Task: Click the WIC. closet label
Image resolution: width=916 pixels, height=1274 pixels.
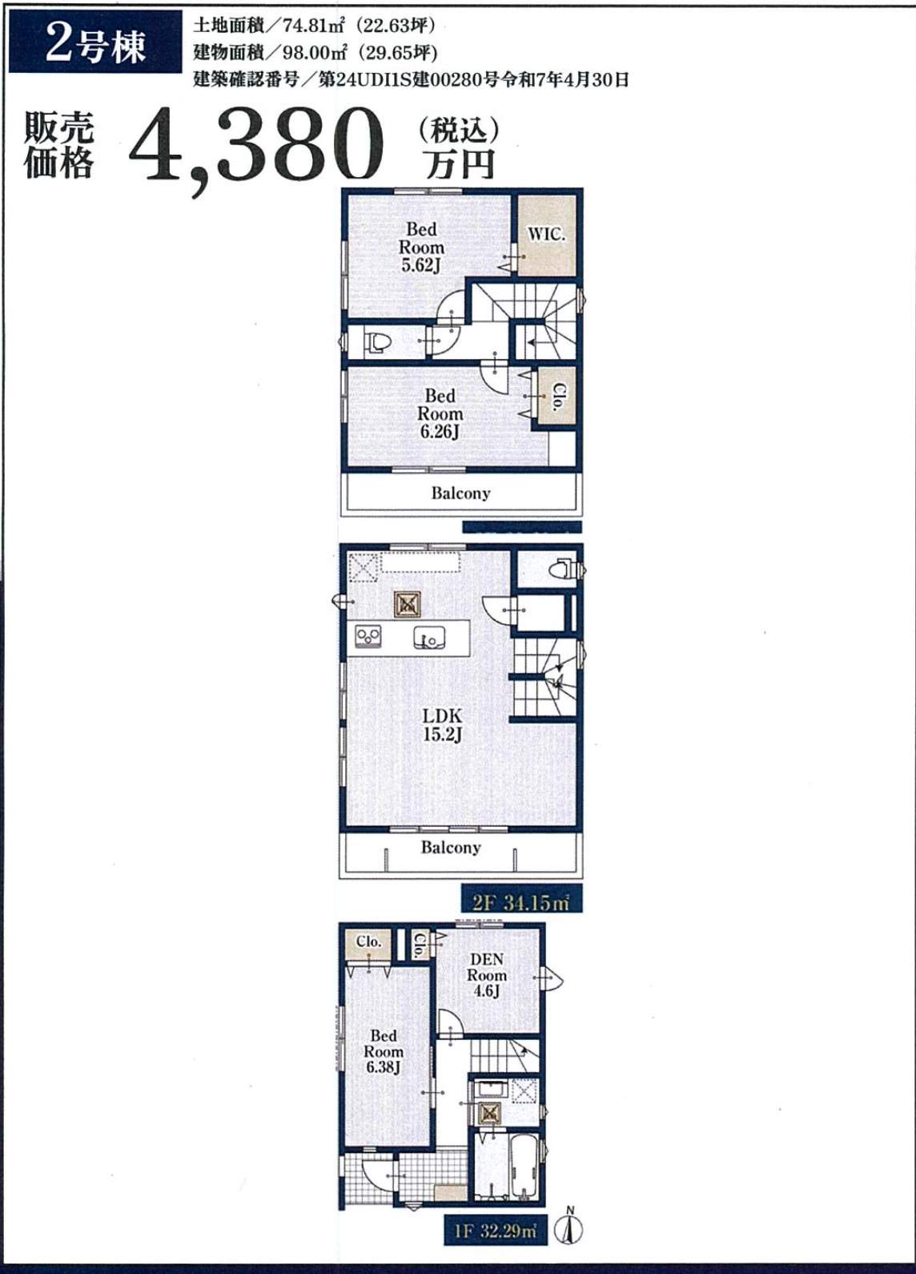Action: click(x=546, y=234)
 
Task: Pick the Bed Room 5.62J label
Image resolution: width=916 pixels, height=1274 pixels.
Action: click(x=421, y=247)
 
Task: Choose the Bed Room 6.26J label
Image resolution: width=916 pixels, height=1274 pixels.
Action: click(x=440, y=413)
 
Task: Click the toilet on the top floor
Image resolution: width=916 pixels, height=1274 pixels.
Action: click(x=378, y=342)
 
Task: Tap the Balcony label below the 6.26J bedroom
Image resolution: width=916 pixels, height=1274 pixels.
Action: click(x=460, y=493)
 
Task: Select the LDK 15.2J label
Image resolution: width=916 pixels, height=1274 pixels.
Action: click(x=442, y=724)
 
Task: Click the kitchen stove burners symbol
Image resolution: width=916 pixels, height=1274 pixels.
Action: click(x=368, y=635)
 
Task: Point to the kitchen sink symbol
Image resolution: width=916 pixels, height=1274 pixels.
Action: click(x=429, y=638)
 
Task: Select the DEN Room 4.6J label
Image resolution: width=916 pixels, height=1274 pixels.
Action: click(x=486, y=975)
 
